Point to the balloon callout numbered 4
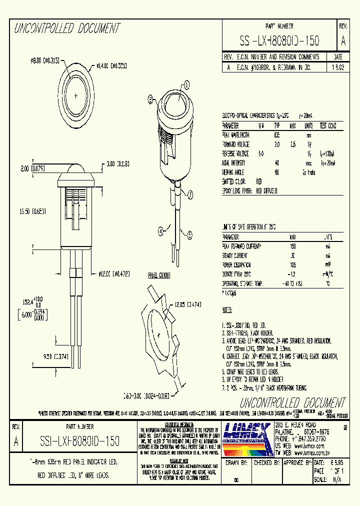click(x=161, y=231)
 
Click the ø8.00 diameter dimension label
click(x=45, y=60)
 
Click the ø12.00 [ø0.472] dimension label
click(x=114, y=273)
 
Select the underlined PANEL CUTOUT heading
click(x=159, y=275)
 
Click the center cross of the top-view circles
click(x=75, y=95)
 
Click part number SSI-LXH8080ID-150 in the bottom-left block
click(x=79, y=441)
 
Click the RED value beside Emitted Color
click(x=259, y=181)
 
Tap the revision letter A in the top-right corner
click(x=343, y=40)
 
